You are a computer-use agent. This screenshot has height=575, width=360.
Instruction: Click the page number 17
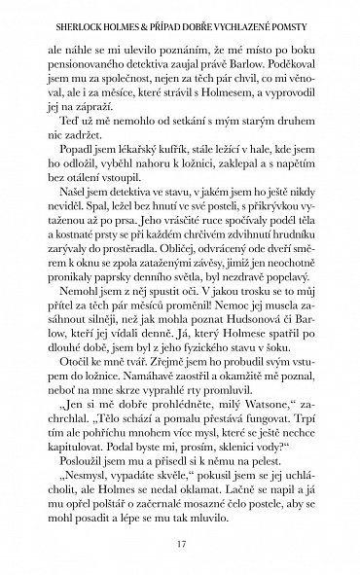(180, 545)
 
